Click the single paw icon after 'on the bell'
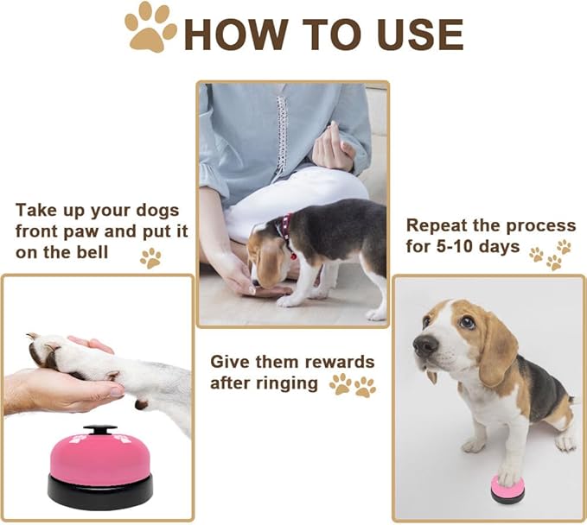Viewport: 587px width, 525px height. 150,256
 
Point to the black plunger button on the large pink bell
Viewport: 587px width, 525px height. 99,430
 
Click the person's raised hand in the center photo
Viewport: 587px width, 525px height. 334,147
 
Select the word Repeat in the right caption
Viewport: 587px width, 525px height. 435,225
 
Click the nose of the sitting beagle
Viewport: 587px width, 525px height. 424,345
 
